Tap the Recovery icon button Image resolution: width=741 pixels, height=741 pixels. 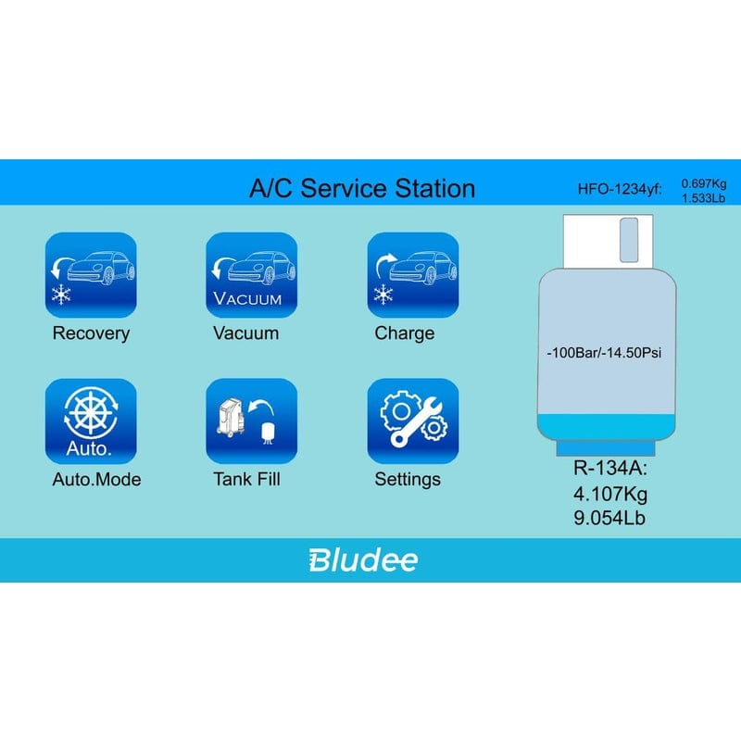[x=91, y=275]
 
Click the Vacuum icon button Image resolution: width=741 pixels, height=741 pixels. [x=251, y=275]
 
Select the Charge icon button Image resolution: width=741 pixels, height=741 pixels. [x=412, y=275]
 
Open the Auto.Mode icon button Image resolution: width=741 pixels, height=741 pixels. [x=91, y=421]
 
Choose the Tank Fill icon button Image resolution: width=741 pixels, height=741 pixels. [x=251, y=421]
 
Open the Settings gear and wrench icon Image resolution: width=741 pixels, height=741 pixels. [x=412, y=421]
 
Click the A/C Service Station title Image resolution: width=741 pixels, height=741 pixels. [x=362, y=189]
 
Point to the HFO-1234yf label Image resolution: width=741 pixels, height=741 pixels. [x=620, y=191]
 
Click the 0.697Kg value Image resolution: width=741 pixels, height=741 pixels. [x=704, y=183]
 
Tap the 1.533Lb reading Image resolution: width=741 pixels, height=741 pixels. [x=704, y=197]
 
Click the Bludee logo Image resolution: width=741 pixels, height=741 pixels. [x=362, y=559]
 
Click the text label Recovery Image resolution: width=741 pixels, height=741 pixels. [x=91, y=333]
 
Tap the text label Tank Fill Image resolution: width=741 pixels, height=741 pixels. [x=246, y=480]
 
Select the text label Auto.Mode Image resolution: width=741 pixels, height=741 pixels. [x=96, y=480]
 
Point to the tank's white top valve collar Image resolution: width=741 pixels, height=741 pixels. [x=608, y=239]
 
